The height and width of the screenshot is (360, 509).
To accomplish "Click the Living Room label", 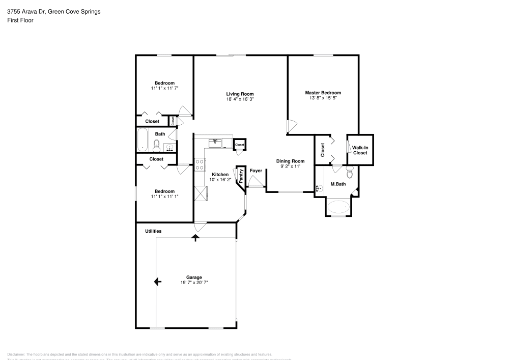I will [x=240, y=94].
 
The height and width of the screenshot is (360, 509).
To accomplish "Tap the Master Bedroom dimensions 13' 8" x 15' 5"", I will [x=323, y=98].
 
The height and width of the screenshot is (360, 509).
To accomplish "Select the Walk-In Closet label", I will [x=360, y=150].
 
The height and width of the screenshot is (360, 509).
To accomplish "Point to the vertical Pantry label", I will [x=241, y=176].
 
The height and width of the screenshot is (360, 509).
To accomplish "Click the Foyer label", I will [x=256, y=171].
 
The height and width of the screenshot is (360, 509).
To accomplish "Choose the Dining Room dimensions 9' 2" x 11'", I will [x=290, y=167].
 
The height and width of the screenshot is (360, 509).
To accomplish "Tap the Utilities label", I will [x=153, y=231].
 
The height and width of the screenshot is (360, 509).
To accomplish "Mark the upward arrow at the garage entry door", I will [x=195, y=237].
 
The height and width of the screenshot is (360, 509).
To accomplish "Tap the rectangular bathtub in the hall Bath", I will [x=143, y=140].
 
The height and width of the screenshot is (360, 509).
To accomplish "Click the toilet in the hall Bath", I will [x=157, y=145].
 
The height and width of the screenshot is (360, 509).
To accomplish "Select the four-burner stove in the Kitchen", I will [x=200, y=164].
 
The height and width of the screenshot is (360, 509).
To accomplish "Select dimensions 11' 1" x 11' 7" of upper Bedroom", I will [x=164, y=88].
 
